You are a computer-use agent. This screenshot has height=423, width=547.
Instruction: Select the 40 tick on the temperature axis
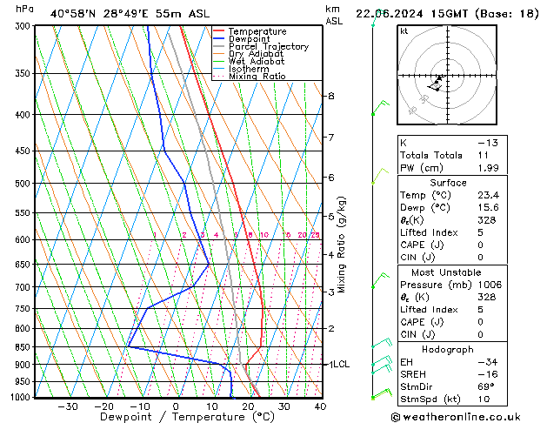320,406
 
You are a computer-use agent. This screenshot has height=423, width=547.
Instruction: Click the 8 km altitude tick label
330,96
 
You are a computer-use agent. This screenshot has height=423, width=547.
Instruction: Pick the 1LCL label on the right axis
338,364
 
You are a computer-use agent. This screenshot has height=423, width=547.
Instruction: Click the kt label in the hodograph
404,31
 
